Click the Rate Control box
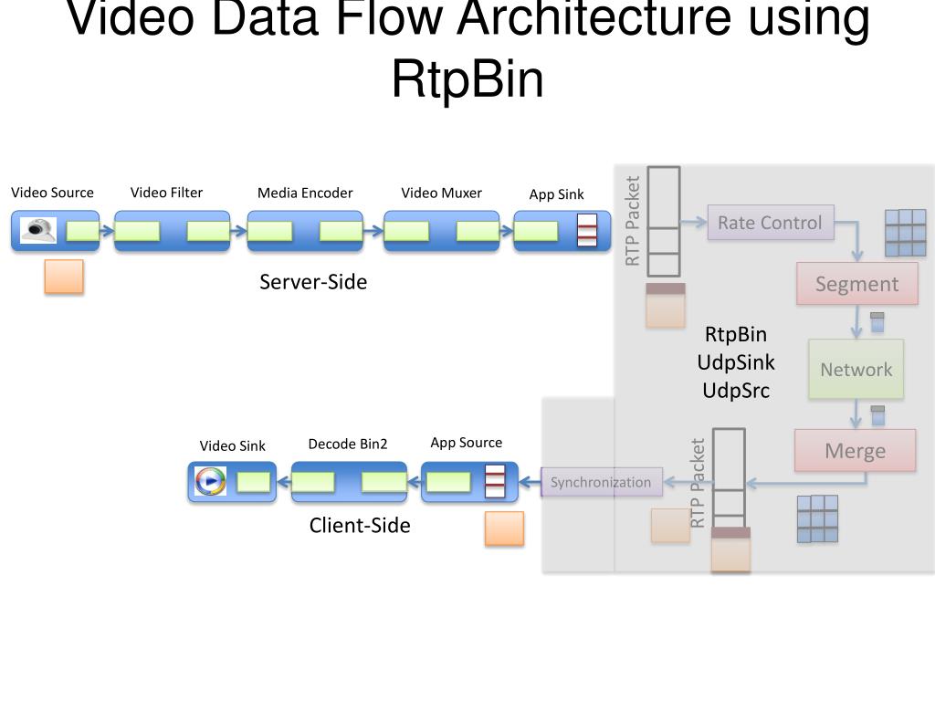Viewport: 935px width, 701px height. click(x=770, y=223)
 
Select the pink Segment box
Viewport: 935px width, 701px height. click(x=856, y=284)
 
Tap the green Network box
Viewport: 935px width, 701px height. click(x=856, y=370)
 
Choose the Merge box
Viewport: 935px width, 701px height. click(x=855, y=451)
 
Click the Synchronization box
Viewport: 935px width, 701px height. click(x=601, y=482)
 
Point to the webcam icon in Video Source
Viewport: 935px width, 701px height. click(x=38, y=230)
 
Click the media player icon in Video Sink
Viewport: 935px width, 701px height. click(x=210, y=480)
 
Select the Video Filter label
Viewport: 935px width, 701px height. click(x=166, y=193)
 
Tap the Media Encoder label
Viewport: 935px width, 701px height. click(x=305, y=193)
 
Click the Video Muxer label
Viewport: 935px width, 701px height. click(x=441, y=193)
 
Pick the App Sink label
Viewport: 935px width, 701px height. click(x=556, y=194)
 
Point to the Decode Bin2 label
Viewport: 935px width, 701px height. click(x=348, y=445)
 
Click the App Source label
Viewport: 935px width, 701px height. click(x=467, y=443)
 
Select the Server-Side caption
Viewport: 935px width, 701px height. click(x=313, y=282)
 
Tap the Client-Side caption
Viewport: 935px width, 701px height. click(x=360, y=526)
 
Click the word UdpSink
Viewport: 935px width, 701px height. click(x=736, y=362)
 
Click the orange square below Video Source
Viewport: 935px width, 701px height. click(x=64, y=277)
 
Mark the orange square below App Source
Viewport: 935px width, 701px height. click(x=504, y=528)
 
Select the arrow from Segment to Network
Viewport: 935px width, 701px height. click(x=857, y=321)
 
